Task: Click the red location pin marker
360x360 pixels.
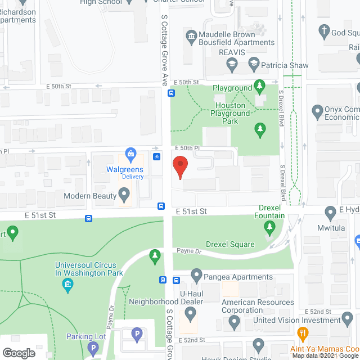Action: [179, 166]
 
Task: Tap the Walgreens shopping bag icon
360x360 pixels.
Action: [130, 153]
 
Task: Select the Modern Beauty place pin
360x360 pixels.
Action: [125, 196]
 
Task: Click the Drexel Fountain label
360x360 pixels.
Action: [269, 211]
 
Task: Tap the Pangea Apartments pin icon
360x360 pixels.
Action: [196, 276]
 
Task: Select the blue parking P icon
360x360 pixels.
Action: [136, 334]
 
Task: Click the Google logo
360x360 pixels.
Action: [18, 353]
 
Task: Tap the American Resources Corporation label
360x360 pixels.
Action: [258, 306]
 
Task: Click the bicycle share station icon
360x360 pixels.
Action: [156, 156]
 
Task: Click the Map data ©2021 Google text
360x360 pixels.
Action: [323, 355]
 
